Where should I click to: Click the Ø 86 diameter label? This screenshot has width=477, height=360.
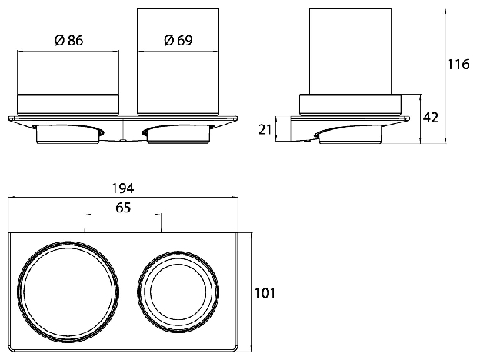click(x=68, y=40)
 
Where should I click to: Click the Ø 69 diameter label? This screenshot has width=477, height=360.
click(x=178, y=40)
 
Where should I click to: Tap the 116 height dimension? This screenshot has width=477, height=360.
click(x=459, y=65)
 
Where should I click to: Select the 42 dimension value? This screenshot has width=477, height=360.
click(x=431, y=118)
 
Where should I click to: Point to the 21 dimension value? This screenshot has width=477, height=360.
click(x=265, y=129)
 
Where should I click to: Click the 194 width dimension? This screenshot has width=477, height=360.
click(x=123, y=188)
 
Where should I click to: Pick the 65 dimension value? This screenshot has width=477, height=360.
click(x=123, y=208)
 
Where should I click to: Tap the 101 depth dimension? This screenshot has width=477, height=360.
click(x=265, y=293)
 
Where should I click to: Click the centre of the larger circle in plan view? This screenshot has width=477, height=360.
click(x=68, y=292)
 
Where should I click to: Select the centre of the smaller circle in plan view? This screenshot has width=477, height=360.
click(x=178, y=292)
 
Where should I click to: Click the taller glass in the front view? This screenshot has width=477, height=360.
click(x=178, y=62)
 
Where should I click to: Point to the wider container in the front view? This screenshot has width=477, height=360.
click(x=68, y=83)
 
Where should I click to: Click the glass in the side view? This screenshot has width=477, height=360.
click(x=350, y=51)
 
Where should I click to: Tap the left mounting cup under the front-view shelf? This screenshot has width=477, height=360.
click(x=68, y=134)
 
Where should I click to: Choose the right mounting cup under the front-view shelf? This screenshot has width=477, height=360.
click(x=178, y=134)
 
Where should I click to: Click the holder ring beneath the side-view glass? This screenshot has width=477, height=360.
click(x=351, y=105)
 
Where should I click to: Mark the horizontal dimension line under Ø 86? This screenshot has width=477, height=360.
click(x=68, y=52)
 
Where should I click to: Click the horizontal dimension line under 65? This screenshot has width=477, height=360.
click(x=123, y=215)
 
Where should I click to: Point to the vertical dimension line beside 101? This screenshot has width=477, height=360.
click(x=252, y=292)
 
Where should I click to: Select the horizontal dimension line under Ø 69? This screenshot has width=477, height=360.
click(x=178, y=52)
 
